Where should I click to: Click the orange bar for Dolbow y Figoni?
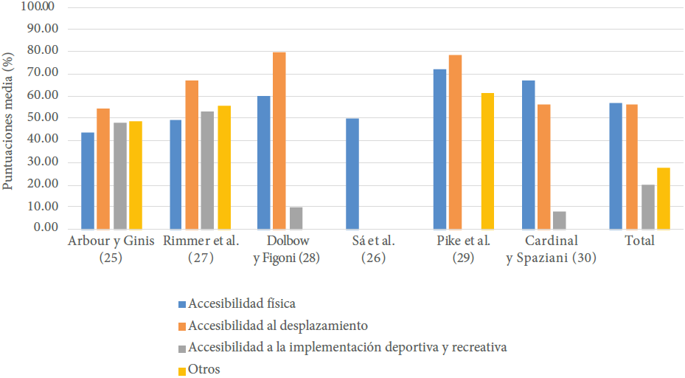pos(279,140)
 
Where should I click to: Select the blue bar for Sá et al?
pos(352,173)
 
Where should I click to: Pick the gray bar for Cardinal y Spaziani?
pos(559,220)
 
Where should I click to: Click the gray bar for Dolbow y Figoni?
pos(295,218)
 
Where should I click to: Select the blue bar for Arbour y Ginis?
pos(88,181)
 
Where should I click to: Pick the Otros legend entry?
pos(204,369)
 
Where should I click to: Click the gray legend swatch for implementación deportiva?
pos(182,348)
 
